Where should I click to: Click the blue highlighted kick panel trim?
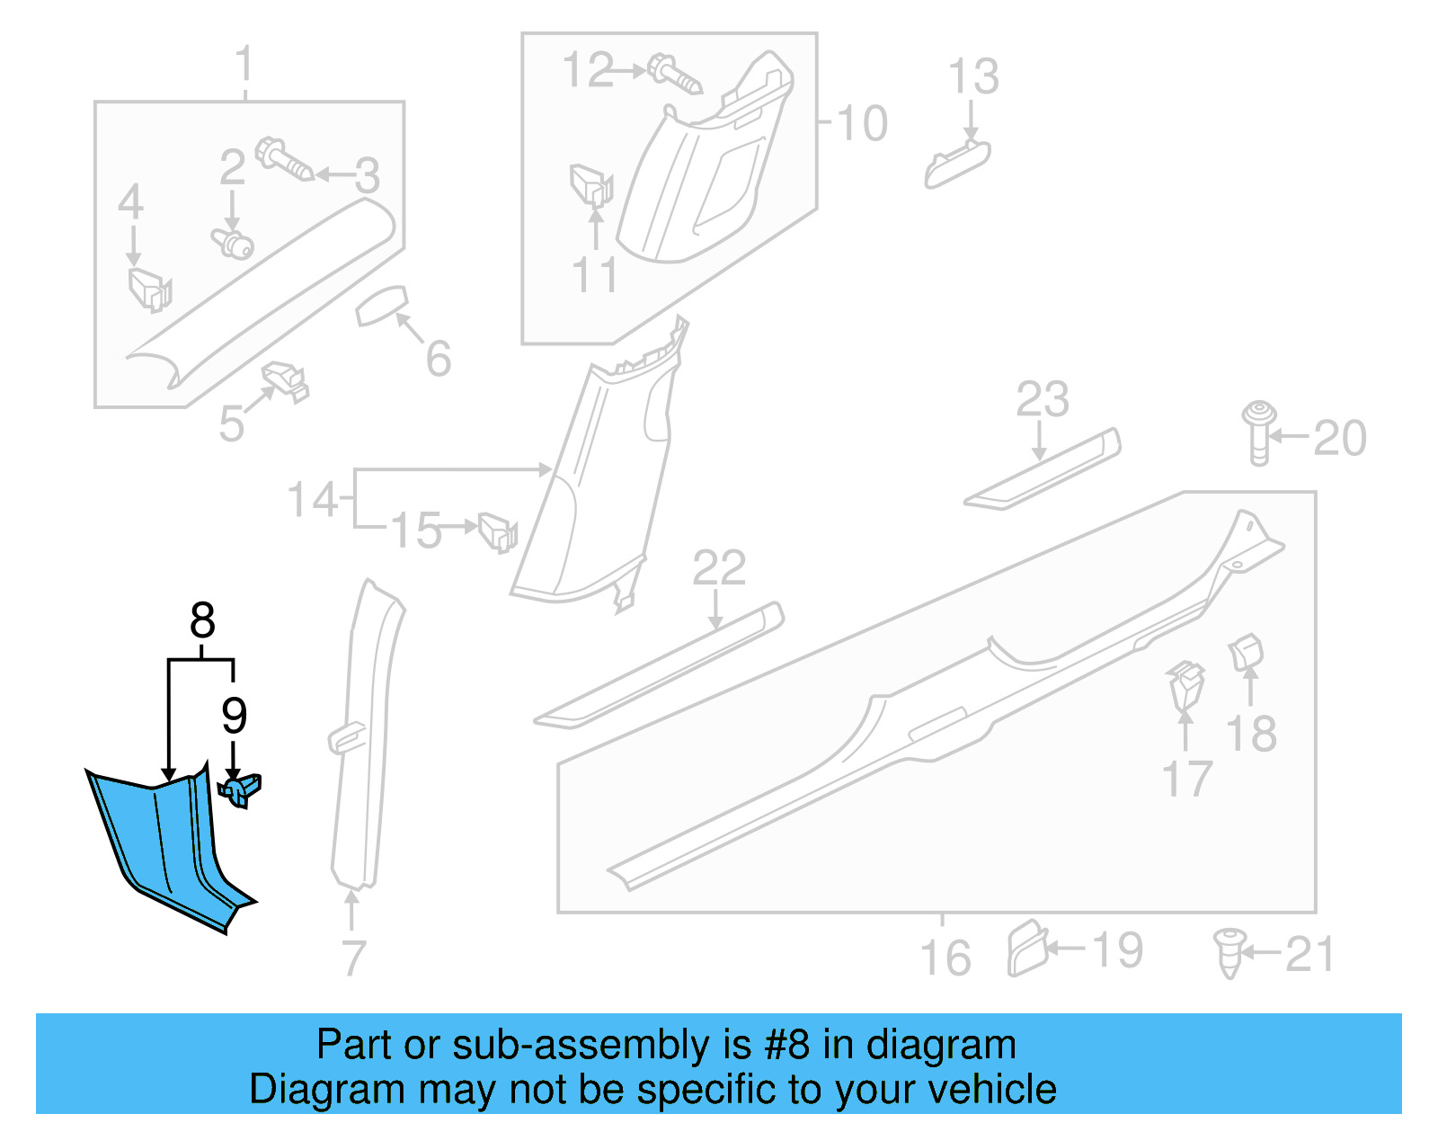coord(166,845)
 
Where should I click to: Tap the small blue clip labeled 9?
coord(240,790)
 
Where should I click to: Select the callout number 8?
coord(202,620)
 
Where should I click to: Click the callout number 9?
coord(234,716)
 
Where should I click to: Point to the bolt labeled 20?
coord(1258,432)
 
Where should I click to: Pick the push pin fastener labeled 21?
coord(1229,952)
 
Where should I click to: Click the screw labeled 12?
coord(673,76)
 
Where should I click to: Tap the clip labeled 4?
coord(148,288)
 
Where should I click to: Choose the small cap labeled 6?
coord(382,307)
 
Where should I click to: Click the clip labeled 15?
coord(497,530)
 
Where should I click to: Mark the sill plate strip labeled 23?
coord(1043,469)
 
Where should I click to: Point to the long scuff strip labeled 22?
coord(659,664)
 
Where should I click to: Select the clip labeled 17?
coord(1185,686)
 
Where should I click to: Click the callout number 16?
coord(945,957)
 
